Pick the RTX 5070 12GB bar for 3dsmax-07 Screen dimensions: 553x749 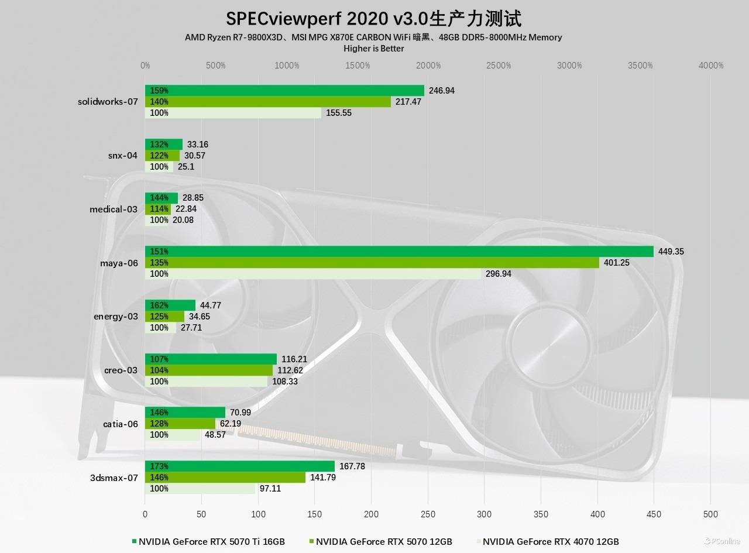tap(225, 478)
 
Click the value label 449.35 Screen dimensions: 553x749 tap(670, 252)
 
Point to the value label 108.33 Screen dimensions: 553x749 tap(286, 382)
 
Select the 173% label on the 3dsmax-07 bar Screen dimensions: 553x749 tap(159, 466)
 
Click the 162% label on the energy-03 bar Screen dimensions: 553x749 tap(159, 305)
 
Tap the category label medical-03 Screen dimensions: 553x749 tap(114, 209)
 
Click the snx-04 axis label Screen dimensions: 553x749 tap(123, 156)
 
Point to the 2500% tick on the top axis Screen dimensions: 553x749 tap(499, 66)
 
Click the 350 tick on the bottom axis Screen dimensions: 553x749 tap(541, 514)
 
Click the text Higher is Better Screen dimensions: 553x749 tap(374, 49)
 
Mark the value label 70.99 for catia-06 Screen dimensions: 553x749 tap(240, 413)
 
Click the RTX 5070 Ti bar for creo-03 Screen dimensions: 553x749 tap(211, 359)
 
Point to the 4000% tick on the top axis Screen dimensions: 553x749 tap(711, 66)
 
